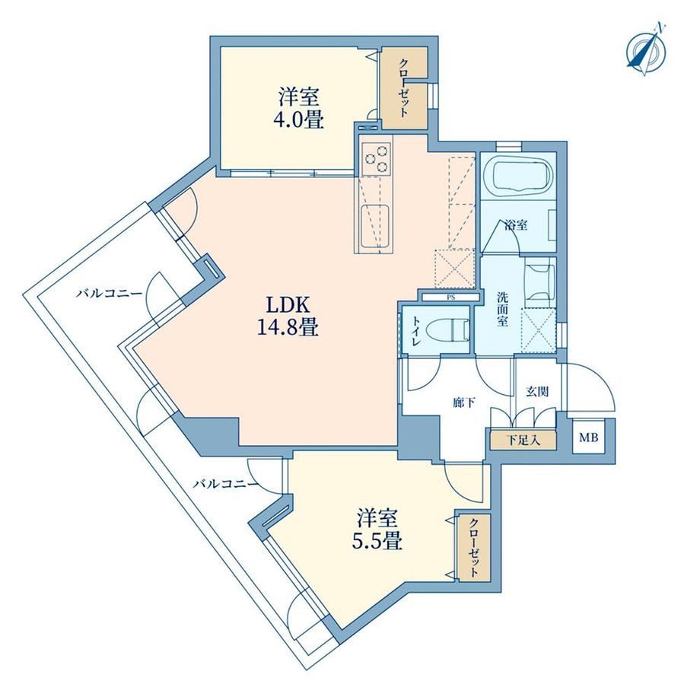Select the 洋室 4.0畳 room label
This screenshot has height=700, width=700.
tap(299, 109)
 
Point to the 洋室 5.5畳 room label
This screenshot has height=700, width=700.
tap(377, 530)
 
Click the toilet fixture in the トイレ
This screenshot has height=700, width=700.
tap(447, 331)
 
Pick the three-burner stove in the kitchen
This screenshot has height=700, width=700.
tap(375, 158)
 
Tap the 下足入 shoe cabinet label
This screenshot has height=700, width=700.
tap(523, 441)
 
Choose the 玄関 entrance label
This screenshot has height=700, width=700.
tap(537, 392)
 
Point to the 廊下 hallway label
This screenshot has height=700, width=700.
tap(464, 403)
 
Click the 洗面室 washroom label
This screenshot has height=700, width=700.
tap(503, 309)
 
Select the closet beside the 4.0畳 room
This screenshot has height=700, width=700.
tap(403, 88)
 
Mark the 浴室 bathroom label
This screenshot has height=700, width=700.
tap(517, 225)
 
